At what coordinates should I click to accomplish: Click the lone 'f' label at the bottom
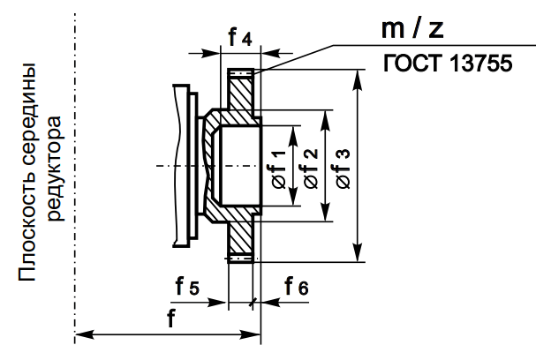170,319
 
